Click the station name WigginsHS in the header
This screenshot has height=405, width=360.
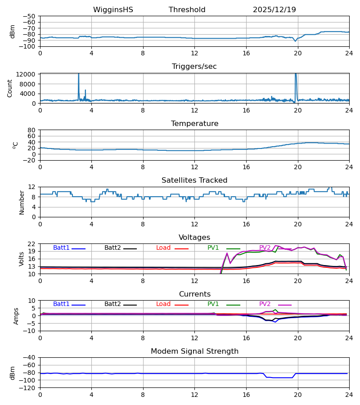113,10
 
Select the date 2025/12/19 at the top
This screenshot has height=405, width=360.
274,10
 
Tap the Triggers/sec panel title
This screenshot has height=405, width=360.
194,67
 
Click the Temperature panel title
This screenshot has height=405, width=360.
194,124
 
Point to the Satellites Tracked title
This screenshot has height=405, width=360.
194,180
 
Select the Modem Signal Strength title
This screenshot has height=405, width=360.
194,351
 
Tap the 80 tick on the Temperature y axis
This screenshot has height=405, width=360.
32,130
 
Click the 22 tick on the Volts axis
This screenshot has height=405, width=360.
32,244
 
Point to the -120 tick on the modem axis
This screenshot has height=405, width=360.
27,388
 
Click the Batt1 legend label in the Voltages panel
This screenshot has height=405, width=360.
61,248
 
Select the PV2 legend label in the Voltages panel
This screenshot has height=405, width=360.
265,248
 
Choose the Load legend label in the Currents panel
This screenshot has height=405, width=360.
163,304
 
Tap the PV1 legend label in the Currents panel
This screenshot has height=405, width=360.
213,304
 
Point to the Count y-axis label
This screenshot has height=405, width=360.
10,88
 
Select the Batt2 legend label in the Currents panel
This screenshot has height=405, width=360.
112,304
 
